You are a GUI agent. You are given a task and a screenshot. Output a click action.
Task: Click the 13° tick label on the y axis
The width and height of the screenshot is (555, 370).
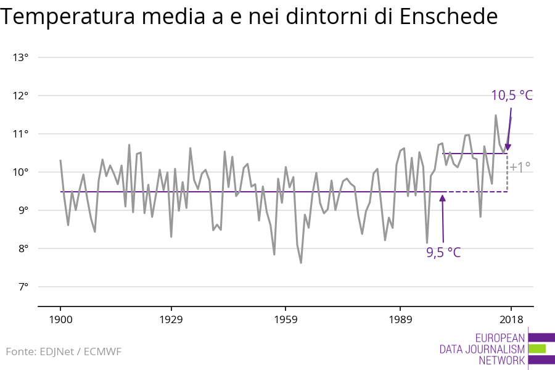point(21,57)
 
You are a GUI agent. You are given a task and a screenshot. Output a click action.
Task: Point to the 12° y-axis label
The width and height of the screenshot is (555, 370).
point(21,96)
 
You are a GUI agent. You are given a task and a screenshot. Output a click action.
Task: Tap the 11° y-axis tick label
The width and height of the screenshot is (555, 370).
point(21,134)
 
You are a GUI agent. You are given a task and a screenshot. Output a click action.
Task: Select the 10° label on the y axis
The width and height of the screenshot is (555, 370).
point(21,172)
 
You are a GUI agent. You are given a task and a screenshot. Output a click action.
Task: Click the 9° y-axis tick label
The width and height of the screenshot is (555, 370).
point(23,210)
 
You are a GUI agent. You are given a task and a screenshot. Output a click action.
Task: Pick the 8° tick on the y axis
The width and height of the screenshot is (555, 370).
point(23,249)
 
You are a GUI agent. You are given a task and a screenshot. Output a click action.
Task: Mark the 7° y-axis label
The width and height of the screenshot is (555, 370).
point(23,287)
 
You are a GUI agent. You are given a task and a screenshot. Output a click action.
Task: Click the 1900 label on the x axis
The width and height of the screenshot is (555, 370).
point(60,319)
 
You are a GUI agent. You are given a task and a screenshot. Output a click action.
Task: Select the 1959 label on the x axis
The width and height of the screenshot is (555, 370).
point(286,319)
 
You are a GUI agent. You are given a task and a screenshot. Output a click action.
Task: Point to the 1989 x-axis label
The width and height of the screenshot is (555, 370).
point(400,319)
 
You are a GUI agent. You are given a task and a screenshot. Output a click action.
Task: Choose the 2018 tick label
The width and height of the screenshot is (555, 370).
point(511,319)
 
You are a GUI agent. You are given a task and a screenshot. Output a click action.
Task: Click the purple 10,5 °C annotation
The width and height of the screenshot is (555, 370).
point(511,95)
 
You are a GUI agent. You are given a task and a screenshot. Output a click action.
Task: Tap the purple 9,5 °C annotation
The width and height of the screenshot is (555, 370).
point(443,252)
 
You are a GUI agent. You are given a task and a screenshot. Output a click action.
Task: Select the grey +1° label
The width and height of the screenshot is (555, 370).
point(520,166)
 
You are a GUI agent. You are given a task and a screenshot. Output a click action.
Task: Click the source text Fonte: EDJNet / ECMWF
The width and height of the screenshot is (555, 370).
point(64,351)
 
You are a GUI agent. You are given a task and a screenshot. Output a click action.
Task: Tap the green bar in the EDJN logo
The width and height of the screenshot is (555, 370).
point(537,348)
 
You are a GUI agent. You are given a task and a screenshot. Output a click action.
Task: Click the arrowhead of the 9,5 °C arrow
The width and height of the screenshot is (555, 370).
point(442,198)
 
